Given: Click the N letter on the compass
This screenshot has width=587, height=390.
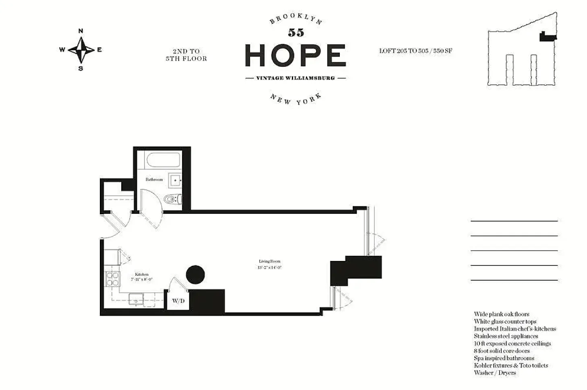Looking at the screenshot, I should coord(81,31).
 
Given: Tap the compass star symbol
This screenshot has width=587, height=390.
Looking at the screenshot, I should coord(81,50).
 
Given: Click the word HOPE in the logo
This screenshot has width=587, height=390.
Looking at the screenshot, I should coord(295,55).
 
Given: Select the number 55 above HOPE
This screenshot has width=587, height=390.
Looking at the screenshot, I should coord(296,33).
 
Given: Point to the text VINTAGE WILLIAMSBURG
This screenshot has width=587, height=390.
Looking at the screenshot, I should coord(295,78).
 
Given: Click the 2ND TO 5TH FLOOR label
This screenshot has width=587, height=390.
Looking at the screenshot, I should coord(186,55).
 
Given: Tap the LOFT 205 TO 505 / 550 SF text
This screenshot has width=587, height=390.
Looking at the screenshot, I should coord(415,51).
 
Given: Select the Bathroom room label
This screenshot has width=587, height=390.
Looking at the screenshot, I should coord(154,179).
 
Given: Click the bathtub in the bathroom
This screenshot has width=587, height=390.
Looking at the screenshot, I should coord(163,160).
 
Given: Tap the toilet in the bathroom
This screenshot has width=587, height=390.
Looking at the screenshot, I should coord(174,199).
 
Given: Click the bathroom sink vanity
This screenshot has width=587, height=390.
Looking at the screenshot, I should coord(175,181).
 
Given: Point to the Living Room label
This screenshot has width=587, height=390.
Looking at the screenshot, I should coord(269,261).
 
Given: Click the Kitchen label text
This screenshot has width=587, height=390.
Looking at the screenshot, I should coord(142,275).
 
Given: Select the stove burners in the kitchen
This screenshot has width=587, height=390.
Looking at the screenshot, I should coord(112,279).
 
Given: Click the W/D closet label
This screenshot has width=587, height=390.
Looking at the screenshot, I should coord(178,301).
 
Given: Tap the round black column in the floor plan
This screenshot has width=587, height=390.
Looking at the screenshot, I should coord(195,275).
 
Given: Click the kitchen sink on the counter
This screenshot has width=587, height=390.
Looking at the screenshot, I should coord(136,299).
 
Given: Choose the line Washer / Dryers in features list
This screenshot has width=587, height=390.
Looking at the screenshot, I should coord(495,373).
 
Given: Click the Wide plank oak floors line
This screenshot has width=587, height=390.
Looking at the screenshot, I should coord(501,314).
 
